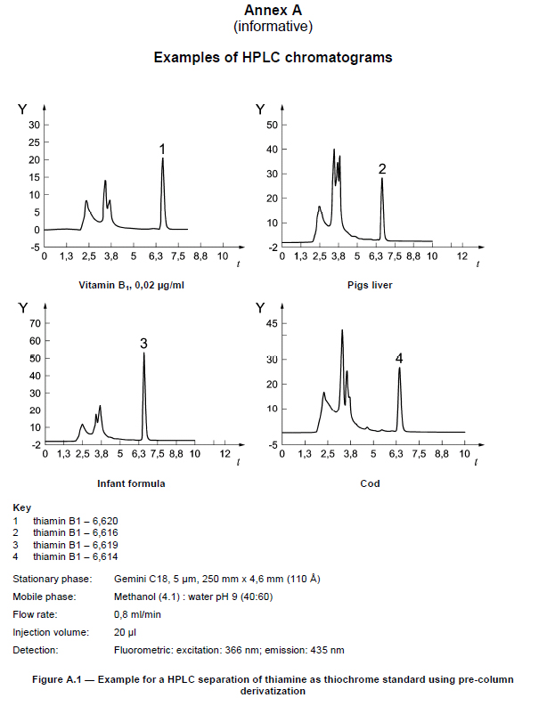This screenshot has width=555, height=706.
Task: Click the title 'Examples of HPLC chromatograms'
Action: (x=273, y=57)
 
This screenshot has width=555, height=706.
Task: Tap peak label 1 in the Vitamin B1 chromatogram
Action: (x=162, y=148)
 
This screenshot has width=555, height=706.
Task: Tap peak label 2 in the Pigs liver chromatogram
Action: (x=382, y=168)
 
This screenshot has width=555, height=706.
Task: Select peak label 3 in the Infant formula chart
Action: (x=143, y=343)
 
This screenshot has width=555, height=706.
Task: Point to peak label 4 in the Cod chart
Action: (x=399, y=358)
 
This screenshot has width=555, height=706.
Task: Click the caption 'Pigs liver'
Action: (x=370, y=285)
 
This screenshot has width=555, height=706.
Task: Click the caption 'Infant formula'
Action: (x=131, y=483)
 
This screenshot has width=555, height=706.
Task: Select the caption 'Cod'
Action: (x=370, y=483)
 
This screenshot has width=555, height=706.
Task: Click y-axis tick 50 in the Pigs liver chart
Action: (x=273, y=125)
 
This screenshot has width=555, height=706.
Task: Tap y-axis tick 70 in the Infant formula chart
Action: (x=36, y=323)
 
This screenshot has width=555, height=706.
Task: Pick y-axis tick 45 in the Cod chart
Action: (x=273, y=324)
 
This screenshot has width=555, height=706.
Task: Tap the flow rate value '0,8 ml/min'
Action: (x=136, y=614)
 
